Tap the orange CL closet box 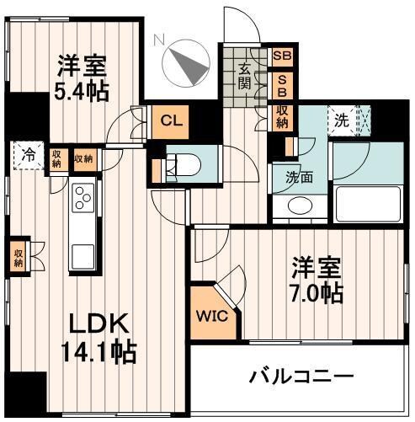[171, 120]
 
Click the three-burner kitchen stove [83, 199]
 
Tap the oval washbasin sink [299, 206]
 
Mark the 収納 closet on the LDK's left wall [18, 256]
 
